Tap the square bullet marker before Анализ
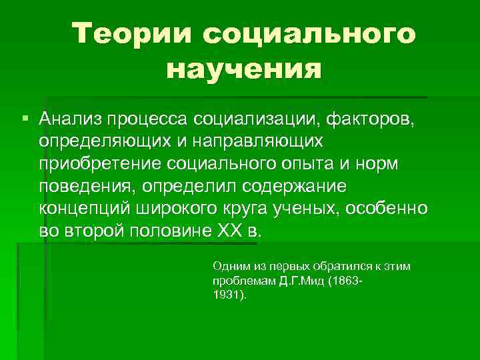coord(25,119)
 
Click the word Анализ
coord(68,119)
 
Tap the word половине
coord(183,231)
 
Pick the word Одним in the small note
coord(229,266)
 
